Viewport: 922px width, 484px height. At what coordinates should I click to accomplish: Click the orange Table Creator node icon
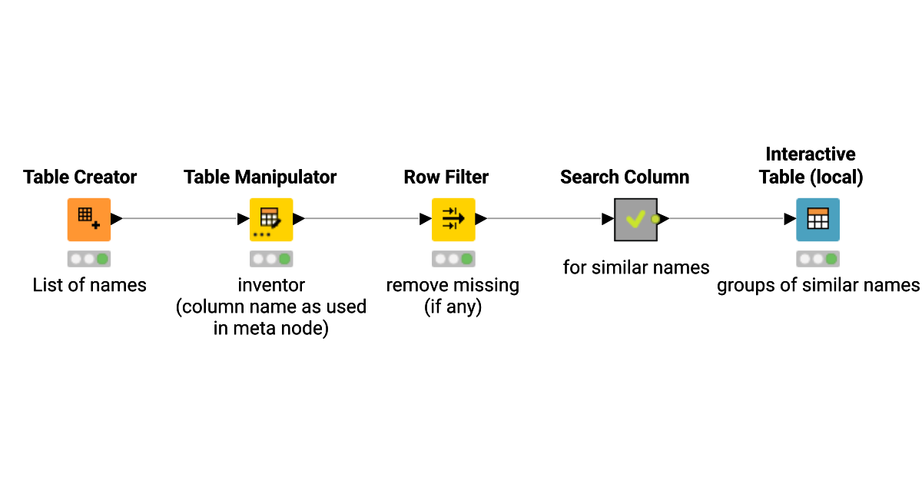point(89,219)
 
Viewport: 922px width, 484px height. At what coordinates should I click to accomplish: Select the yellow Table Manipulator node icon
point(271,219)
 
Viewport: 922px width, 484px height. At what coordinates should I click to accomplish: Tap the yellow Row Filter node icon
point(453,219)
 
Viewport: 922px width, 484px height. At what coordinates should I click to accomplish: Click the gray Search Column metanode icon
point(635,219)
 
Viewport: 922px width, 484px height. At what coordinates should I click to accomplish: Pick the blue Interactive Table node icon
point(818,219)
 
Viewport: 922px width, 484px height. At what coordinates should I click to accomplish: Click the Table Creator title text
point(80,177)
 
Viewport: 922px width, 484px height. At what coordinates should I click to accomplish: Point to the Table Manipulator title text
point(260,177)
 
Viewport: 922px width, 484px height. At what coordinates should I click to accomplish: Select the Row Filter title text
point(446,177)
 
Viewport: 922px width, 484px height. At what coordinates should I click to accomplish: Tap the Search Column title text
point(625,177)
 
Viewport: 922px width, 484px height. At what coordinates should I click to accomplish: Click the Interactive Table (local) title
point(811,166)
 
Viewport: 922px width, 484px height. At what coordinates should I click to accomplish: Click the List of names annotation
point(89,286)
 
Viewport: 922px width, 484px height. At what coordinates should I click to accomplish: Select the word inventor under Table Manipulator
point(271,286)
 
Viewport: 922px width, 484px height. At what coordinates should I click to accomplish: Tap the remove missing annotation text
point(453,286)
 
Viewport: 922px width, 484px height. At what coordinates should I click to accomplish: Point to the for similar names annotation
point(636,267)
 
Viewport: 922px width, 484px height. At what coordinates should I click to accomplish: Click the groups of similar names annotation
point(818,286)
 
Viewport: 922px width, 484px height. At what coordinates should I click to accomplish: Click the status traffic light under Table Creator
point(89,259)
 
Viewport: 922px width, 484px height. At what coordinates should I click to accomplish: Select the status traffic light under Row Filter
point(453,259)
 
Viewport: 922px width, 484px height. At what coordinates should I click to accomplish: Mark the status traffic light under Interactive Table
point(818,259)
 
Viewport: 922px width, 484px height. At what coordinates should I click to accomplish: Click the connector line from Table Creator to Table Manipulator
point(181,219)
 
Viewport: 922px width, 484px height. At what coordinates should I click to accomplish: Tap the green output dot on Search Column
point(655,219)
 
